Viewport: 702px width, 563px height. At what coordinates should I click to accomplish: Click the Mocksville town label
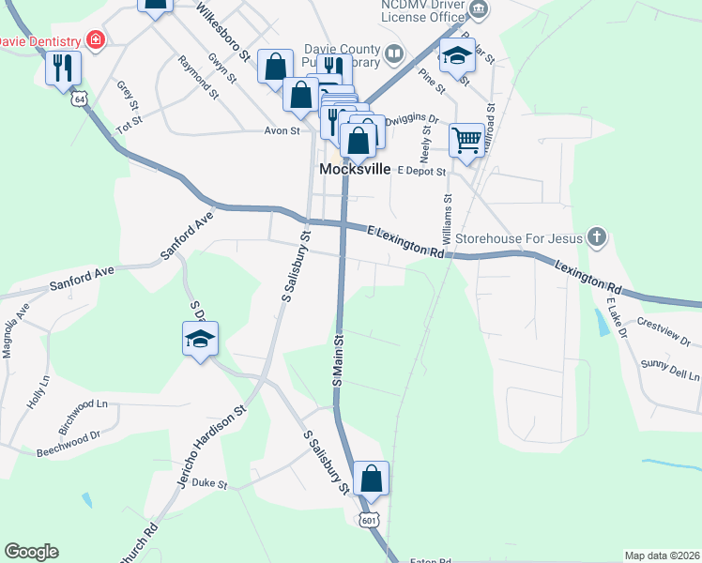355,169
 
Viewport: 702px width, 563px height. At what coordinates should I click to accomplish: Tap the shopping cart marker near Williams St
466,142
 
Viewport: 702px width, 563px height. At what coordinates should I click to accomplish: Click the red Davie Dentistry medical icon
95,40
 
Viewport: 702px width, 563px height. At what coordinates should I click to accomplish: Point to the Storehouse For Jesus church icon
596,237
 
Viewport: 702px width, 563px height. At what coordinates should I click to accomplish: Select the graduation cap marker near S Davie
200,340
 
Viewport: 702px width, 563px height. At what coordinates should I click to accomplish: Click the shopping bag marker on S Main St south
372,479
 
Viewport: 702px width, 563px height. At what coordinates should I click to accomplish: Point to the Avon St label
281,131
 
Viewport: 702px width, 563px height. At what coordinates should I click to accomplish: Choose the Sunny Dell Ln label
670,370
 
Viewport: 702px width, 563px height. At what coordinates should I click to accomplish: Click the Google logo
31,552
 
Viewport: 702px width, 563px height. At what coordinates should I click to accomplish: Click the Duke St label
209,484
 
